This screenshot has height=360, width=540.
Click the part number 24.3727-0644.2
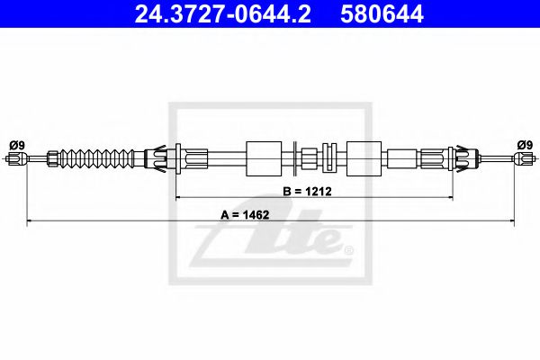[222, 13]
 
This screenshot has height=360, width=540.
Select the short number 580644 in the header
[382, 13]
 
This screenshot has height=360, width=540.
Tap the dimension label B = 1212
[307, 191]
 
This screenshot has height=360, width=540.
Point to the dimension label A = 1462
[245, 214]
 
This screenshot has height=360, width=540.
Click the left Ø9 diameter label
[17, 145]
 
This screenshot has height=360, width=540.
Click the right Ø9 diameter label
[525, 145]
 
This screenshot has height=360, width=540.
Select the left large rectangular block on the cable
[264, 158]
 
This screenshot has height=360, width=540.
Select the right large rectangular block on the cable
[364, 158]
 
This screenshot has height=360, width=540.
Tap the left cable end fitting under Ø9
[17, 158]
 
